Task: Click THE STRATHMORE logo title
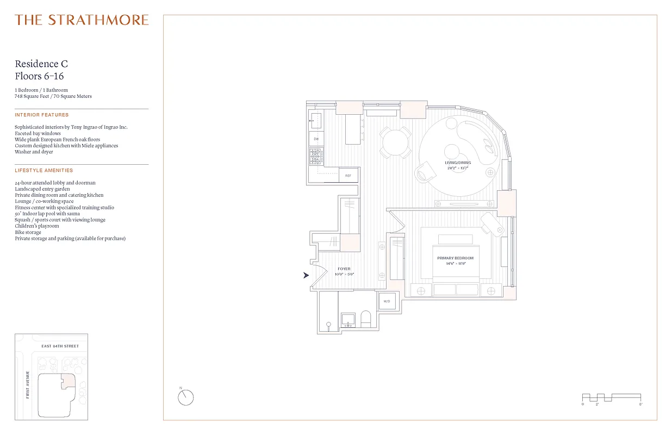point(82,20)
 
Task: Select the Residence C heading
point(41,64)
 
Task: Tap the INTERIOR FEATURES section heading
point(42,115)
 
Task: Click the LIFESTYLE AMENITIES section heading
point(43,171)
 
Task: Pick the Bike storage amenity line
point(28,232)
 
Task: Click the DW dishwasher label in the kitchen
point(316,139)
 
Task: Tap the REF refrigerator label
point(348,176)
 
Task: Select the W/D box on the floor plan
point(387,301)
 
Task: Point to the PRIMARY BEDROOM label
point(456,258)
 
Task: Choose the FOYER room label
point(344,269)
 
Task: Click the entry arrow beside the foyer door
point(306,276)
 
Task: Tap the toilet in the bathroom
point(365,319)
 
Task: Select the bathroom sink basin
point(347,320)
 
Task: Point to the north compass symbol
point(185,397)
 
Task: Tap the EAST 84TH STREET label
point(60,346)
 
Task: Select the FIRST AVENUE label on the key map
point(27,386)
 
